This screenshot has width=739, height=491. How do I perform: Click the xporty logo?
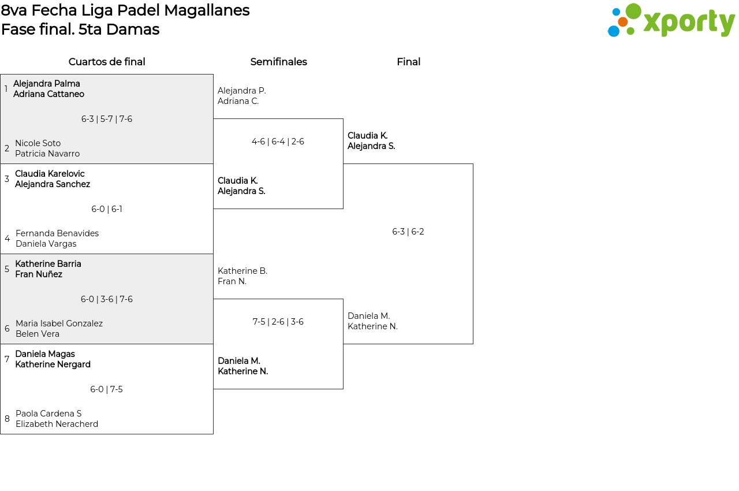point(671,20)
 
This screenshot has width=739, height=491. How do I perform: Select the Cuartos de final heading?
point(107,62)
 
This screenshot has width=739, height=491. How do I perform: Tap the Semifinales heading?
point(278,62)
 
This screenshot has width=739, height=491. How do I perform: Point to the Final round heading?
point(408,62)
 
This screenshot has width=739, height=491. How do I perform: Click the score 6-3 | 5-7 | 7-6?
point(107,119)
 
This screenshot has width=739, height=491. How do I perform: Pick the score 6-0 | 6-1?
point(107,209)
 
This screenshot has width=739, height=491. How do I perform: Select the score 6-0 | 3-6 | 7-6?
point(107,299)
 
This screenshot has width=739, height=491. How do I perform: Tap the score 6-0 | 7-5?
point(106,389)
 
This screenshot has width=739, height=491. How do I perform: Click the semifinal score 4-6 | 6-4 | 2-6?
point(278,142)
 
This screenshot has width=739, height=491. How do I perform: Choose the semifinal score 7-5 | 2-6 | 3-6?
point(278,322)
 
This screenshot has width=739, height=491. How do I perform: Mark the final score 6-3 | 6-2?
point(408,232)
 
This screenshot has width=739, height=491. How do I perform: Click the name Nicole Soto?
point(38,143)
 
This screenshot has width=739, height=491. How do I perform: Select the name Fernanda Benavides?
point(57,233)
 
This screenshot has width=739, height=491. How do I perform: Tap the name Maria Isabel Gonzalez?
point(59,323)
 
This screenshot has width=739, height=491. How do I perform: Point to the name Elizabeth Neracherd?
point(57,423)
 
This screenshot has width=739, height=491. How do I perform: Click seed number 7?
point(7,359)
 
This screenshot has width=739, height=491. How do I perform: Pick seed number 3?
point(7,179)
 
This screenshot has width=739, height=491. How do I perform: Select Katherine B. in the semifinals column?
point(242,271)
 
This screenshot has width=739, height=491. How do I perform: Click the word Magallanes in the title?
point(207,10)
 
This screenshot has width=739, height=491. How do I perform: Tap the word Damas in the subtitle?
point(133,29)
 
